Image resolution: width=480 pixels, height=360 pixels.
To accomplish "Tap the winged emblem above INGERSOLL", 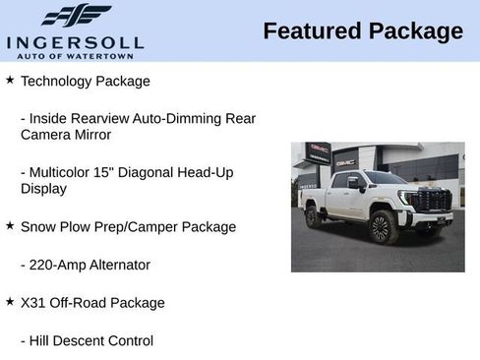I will point(76,16).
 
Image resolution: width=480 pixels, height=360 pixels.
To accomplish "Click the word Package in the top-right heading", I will point(415,31).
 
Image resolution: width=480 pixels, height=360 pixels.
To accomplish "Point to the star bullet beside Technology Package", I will point(10,80).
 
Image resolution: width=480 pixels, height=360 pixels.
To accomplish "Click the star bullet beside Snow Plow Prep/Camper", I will point(10,225).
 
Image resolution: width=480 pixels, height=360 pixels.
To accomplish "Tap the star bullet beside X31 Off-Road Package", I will point(10,301).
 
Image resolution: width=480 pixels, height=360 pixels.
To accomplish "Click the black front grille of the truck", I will point(432,201).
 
